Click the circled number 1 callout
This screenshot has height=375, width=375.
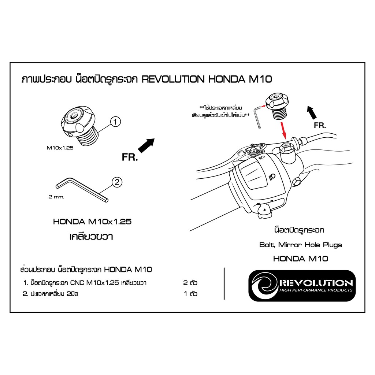pyautogui.click(x=115, y=122)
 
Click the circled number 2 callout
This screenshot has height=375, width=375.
pyautogui.click(x=117, y=182)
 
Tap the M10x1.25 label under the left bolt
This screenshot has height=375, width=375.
pyautogui.click(x=60, y=148)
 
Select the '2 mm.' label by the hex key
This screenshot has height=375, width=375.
pyautogui.click(x=56, y=197)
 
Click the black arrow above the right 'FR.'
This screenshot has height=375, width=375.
pyautogui.click(x=312, y=112)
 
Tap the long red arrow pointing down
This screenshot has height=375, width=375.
pyautogui.click(x=283, y=131)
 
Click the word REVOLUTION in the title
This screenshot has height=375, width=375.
pyautogui.click(x=173, y=79)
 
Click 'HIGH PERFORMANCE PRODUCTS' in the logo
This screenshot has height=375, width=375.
pyautogui.click(x=316, y=290)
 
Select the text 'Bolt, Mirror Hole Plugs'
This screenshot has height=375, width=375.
pyautogui.click(x=301, y=245)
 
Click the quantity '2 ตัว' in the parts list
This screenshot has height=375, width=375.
pyautogui.click(x=190, y=283)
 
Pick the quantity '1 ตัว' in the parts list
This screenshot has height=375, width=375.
pyautogui.click(x=190, y=294)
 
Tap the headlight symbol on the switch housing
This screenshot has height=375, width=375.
pyautogui.click(x=272, y=177)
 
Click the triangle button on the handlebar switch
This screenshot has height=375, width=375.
pyautogui.click(x=264, y=210)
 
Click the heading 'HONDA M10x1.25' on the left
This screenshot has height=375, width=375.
pyautogui.click(x=92, y=222)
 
